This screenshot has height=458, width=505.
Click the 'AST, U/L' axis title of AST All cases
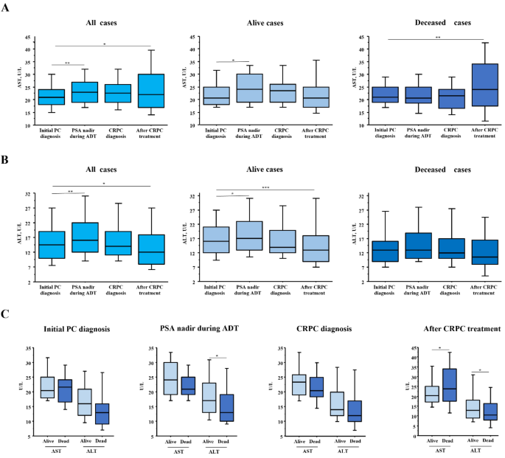coord(20,81)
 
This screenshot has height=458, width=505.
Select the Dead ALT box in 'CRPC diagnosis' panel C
coord(354,411)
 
